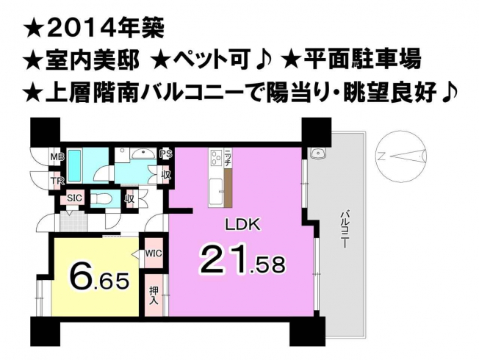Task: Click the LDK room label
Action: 242,225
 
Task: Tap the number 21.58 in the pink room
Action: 242,258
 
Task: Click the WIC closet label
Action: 153,253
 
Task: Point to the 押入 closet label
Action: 154,295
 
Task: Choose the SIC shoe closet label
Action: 75,198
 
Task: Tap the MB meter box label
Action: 57,157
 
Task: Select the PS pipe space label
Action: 167,154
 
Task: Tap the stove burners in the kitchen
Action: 217,158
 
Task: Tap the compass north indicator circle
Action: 401,157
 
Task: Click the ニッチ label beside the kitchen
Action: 228,158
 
